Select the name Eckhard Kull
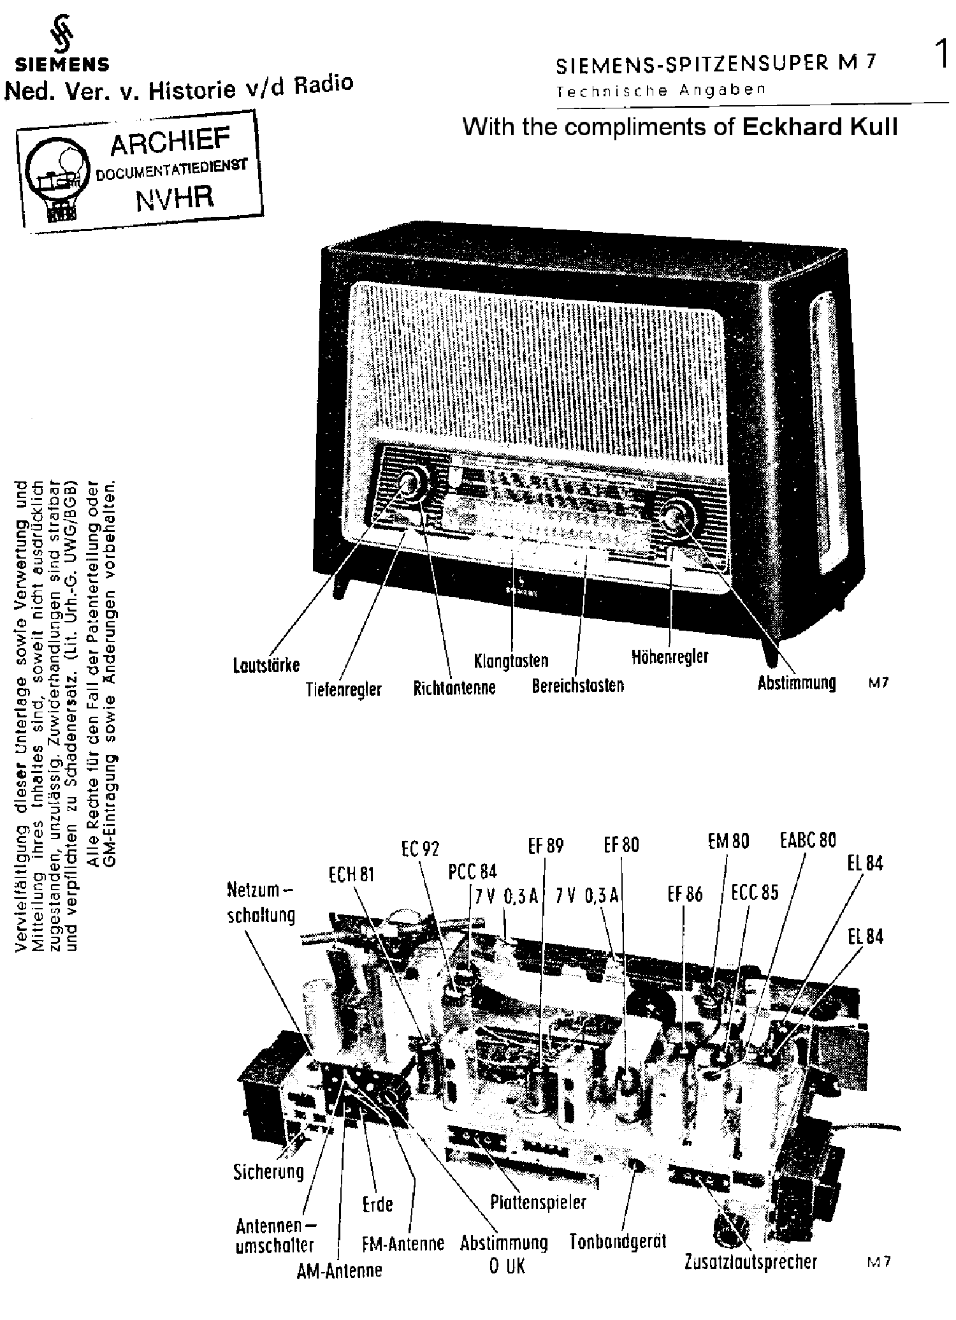point(820,127)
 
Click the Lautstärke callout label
point(266,666)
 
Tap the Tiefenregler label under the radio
point(344,689)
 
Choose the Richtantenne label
point(454,688)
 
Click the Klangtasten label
point(511,661)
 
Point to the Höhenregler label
point(670,656)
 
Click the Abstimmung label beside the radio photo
point(796,683)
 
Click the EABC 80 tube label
point(808,840)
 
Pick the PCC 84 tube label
point(472,872)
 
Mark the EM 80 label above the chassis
point(728,842)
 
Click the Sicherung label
point(268,1171)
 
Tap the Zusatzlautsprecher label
point(750,1261)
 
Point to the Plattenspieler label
point(538,1203)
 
